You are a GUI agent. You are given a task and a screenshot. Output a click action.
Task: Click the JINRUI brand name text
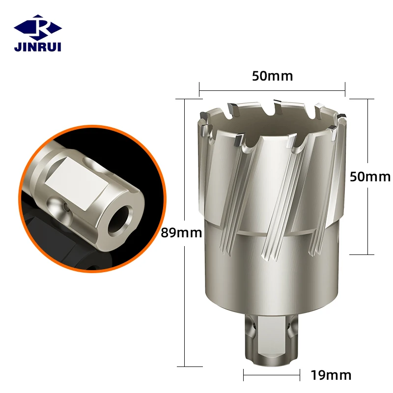pyautogui.click(x=37, y=47)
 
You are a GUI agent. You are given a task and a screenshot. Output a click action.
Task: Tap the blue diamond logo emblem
pyautogui.click(x=37, y=27)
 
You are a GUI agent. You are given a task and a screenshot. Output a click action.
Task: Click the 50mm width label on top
pyautogui.click(x=272, y=76)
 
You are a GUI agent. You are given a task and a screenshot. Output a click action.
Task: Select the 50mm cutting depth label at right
pyautogui.click(x=369, y=177)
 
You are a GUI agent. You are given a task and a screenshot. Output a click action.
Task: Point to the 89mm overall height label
pyautogui.click(x=182, y=232)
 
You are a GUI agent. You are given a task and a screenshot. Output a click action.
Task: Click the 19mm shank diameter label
pyautogui.click(x=331, y=376)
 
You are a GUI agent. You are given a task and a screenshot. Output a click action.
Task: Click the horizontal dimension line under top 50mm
pyautogui.click(x=272, y=90)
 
